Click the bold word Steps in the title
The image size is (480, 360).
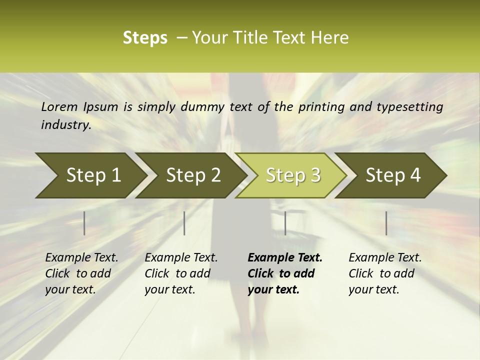pos(145,38)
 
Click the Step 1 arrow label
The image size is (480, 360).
pos(93,175)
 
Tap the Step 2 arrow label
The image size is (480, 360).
pos(193,175)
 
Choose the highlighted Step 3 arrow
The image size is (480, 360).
pos(293,175)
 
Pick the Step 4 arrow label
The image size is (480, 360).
pos(393,175)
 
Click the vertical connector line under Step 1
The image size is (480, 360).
pos(84,223)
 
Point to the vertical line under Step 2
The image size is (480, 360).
pos(184,223)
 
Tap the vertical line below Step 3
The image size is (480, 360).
pos(285,223)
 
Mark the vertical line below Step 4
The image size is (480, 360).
pos(386,223)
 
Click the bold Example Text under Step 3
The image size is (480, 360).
pos(285,258)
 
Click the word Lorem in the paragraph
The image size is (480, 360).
pos(59,106)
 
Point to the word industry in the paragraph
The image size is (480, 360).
pos(65,124)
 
